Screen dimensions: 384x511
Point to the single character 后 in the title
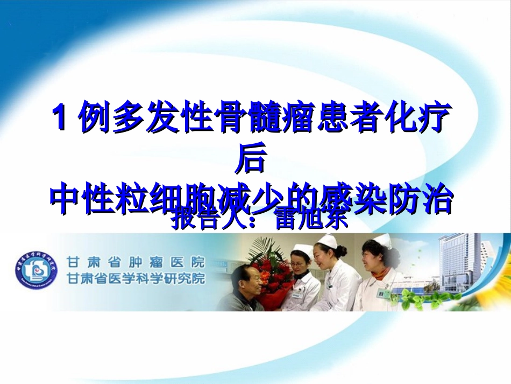(251, 160)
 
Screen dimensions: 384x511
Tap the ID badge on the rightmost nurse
(384, 294)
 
